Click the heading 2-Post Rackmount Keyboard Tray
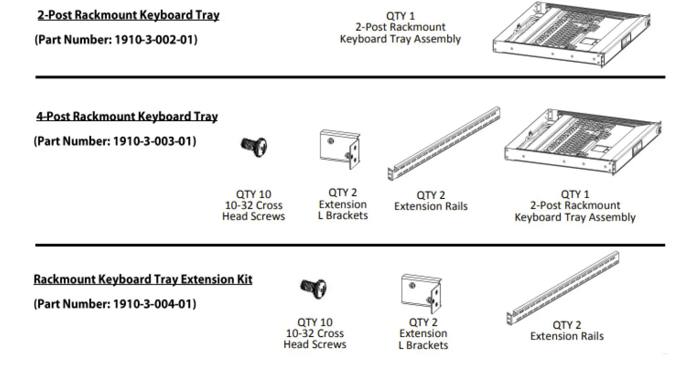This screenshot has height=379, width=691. (x=128, y=15)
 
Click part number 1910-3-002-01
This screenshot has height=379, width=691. (x=116, y=40)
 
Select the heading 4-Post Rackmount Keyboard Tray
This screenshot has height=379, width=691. (x=127, y=116)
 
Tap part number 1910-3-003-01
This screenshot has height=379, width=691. (x=115, y=141)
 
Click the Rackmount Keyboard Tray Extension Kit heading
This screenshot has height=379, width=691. (x=143, y=279)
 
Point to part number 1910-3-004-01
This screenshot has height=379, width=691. (x=115, y=304)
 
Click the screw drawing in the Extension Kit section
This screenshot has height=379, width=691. (x=314, y=288)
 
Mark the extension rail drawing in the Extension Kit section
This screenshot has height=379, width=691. (x=563, y=288)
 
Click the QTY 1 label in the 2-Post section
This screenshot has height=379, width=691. (x=400, y=16)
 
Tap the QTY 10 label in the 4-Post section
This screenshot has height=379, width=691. (x=253, y=194)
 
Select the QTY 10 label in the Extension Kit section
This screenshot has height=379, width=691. (x=315, y=322)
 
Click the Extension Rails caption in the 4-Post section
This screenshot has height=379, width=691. (x=431, y=206)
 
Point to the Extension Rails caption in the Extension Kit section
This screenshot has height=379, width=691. (x=566, y=336)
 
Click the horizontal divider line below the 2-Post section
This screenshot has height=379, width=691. (x=350, y=77)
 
